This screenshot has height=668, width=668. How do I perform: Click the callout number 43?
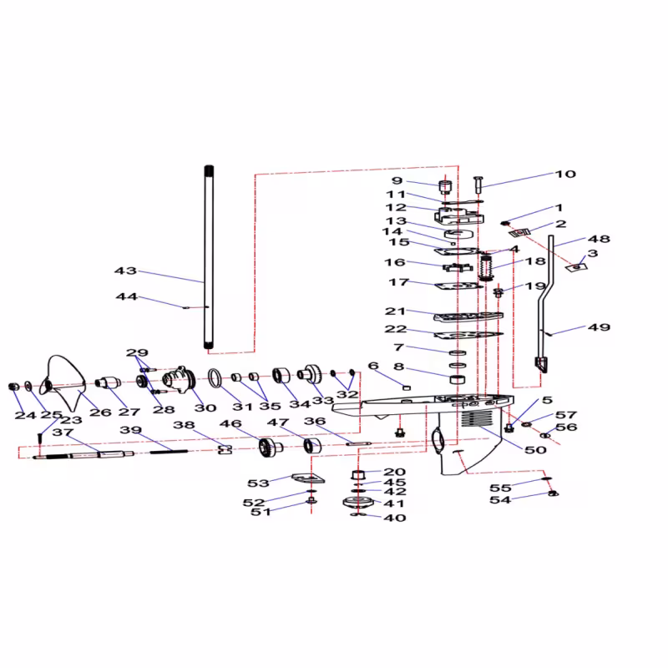click(126, 271)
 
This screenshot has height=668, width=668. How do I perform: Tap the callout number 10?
click(565, 174)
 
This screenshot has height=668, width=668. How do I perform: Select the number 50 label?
click(535, 450)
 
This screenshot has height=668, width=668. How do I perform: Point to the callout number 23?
click(71, 420)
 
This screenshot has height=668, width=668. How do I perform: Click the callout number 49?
click(599, 327)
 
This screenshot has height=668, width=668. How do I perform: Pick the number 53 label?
click(259, 483)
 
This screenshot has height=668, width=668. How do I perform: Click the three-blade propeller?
click(63, 382)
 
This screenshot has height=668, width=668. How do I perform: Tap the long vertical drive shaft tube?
click(209, 257)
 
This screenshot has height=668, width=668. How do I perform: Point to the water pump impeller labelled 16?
click(458, 267)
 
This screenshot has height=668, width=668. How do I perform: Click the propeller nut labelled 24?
click(13, 387)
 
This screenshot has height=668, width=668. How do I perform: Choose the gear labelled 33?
click(310, 374)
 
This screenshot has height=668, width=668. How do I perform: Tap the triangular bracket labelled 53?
click(308, 478)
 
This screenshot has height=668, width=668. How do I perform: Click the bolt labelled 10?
click(478, 184)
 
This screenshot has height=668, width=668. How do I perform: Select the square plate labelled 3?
click(576, 267)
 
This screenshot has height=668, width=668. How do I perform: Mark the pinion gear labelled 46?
click(271, 448)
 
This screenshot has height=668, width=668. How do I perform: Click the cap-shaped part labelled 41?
click(358, 503)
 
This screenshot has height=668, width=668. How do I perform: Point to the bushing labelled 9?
click(445, 186)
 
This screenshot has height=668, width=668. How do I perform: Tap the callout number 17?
click(399, 282)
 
